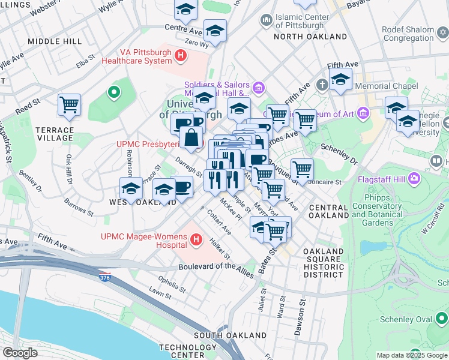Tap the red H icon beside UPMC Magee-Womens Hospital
(x=195, y=241)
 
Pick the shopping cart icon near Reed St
(x=70, y=104)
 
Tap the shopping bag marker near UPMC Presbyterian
(x=191, y=137)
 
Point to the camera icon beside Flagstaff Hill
(x=414, y=178)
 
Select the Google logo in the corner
(x=20, y=352)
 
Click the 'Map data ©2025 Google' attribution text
(x=411, y=355)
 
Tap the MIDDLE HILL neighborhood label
(x=55, y=41)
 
